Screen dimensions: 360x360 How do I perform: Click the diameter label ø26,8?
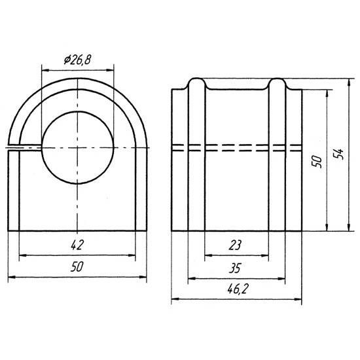77,60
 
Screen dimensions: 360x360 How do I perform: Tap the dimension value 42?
77,245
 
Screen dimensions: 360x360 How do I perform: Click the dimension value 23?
235,245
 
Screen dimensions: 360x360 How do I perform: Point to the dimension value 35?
235,268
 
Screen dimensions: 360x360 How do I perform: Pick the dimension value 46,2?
238,289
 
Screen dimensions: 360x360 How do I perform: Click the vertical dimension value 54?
338,154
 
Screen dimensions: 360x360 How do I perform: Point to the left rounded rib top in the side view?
196,82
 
